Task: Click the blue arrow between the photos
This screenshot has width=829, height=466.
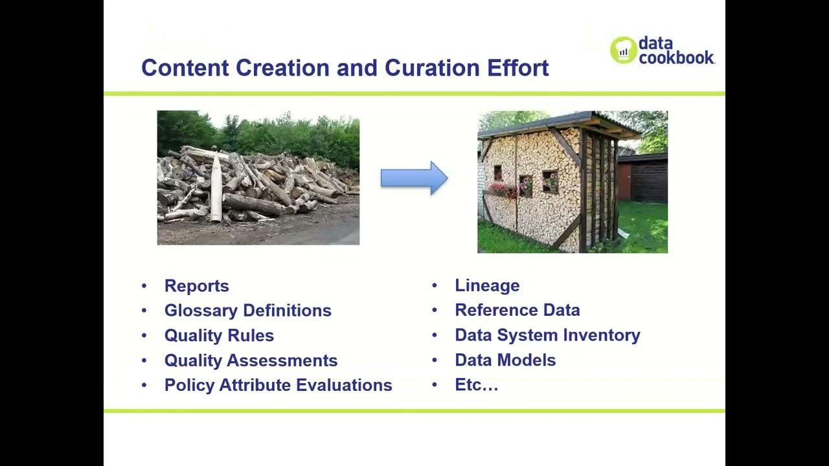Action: tap(414, 178)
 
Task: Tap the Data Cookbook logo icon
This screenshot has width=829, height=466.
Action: tap(623, 50)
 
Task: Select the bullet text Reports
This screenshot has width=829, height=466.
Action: tap(196, 286)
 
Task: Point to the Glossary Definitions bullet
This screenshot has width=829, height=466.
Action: tap(247, 311)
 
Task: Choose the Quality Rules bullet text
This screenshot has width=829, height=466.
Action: tap(219, 335)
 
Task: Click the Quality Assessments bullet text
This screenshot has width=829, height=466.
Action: tap(251, 361)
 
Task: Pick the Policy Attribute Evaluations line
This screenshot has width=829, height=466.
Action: tap(278, 385)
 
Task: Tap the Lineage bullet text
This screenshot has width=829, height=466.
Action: tap(487, 285)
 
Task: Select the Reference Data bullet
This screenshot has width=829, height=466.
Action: tap(517, 310)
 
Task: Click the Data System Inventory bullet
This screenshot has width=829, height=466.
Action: tap(547, 335)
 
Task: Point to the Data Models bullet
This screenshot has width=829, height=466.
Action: tap(505, 360)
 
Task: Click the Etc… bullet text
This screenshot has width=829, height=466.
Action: tap(476, 385)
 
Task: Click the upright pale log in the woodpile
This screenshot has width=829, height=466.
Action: tap(216, 188)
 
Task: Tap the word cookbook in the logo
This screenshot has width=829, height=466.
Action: tap(677, 58)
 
